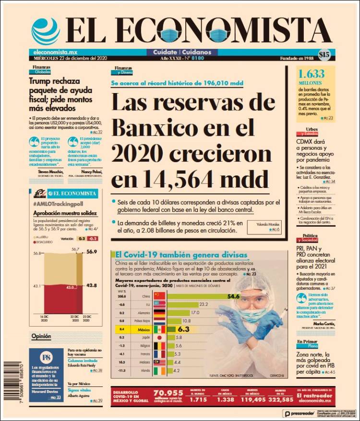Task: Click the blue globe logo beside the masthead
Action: [x=46, y=32]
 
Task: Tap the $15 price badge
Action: [x=324, y=55]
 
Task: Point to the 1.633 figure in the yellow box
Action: [x=312, y=74]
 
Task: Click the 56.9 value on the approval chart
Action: [x=92, y=251]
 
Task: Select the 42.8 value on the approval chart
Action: [x=92, y=286]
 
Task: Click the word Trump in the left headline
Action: [x=41, y=82]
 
